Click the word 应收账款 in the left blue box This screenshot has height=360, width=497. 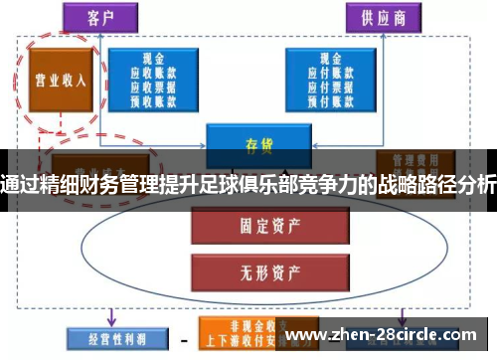155,73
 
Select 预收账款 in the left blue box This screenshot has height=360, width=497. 155,98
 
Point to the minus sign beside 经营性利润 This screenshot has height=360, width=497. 183,337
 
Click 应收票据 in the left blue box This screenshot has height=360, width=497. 155,86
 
